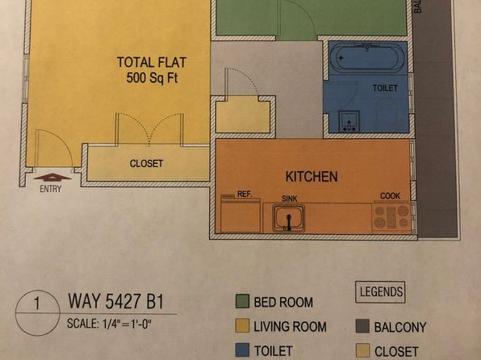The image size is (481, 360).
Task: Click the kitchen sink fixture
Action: [288, 218]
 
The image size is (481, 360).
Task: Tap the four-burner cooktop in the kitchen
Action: [391, 217]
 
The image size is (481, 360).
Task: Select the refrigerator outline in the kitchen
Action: [240, 214]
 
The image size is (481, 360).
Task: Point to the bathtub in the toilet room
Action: [367, 57]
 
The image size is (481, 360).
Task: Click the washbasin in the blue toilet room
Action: [349, 122]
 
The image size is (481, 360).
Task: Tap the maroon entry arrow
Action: [52, 177]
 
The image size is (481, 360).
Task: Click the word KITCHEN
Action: [312, 177]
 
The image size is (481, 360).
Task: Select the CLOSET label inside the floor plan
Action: [146, 163]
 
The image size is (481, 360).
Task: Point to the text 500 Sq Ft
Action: [153, 77]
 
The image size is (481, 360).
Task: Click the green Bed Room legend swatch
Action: [242, 301]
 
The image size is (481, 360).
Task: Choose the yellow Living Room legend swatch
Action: [242, 325]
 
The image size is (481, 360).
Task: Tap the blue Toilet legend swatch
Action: [242, 350]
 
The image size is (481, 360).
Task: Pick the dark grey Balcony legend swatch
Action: [362, 326]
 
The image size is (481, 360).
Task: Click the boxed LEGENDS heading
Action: [380, 292]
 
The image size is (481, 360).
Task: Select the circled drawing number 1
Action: [37, 312]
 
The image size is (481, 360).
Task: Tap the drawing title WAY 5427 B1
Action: [116, 301]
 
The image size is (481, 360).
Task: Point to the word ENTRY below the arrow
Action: [51, 189]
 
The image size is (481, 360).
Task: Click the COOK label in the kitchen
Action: [390, 196]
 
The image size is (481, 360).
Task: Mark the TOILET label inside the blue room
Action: [385, 89]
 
